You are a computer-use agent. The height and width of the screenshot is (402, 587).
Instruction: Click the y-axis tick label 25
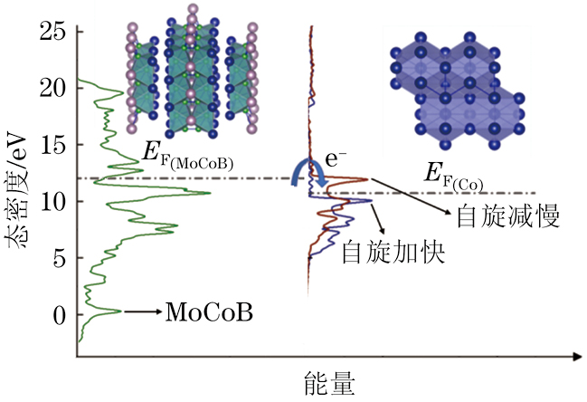pos(53,33)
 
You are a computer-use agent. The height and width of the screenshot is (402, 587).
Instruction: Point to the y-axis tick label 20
pos(53,89)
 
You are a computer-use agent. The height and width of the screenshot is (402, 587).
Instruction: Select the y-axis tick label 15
pos(53,145)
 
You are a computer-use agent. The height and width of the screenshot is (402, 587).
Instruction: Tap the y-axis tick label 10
pos(53,201)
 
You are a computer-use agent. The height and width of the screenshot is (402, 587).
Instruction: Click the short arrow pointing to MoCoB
pos(143,312)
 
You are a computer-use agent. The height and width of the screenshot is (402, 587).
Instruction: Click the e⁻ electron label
pos(337,160)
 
